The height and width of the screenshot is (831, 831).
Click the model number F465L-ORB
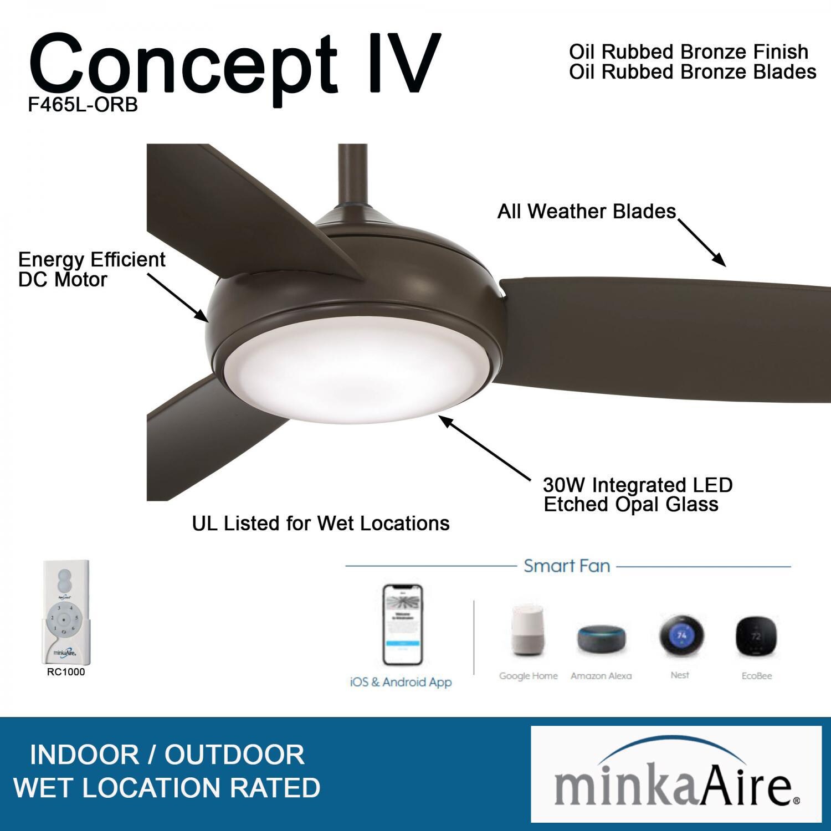tap(83, 105)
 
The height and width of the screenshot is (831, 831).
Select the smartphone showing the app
tap(402, 624)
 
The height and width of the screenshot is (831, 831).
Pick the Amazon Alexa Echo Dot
tap(601, 640)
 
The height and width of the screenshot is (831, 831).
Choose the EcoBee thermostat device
tap(756, 637)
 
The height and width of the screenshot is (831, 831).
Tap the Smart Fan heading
tap(567, 566)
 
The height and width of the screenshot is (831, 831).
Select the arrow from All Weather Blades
tap(701, 243)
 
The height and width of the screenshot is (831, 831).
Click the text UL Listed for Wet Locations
tap(321, 524)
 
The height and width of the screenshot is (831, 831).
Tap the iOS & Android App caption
tap(401, 683)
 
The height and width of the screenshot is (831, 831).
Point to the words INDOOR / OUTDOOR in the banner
tap(167, 755)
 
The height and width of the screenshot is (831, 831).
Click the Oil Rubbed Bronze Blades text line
tap(693, 72)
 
